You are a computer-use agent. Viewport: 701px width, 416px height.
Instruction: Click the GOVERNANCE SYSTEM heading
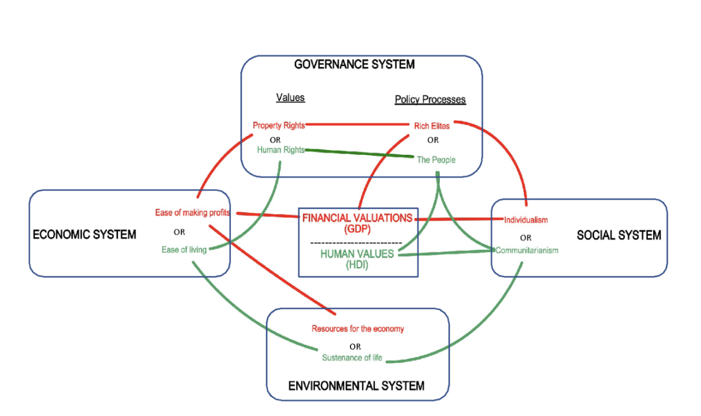point(354,64)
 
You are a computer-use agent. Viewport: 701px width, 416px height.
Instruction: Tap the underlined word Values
point(290,98)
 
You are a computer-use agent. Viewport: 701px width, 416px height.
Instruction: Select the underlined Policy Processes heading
point(430,99)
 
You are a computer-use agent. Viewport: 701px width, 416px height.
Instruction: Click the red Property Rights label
point(279,125)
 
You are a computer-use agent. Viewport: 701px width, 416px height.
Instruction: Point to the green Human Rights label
point(280,150)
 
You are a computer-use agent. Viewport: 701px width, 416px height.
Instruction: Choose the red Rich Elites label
point(432,126)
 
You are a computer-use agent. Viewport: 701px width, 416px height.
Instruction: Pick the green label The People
point(436,160)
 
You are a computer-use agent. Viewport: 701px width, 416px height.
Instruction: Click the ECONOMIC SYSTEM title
point(84,235)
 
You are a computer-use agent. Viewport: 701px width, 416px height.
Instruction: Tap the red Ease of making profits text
point(192,213)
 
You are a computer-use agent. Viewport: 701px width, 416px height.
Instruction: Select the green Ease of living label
point(184,250)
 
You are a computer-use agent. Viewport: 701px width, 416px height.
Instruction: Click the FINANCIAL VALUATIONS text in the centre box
point(358,218)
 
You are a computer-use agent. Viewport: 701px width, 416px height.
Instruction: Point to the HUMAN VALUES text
point(357,254)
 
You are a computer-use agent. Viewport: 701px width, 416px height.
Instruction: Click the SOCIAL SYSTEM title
point(619,235)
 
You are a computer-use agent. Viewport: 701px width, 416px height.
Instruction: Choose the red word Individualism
point(526,220)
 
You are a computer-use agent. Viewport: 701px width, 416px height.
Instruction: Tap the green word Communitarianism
point(527,250)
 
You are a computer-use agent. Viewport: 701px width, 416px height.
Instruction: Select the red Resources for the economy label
point(358,329)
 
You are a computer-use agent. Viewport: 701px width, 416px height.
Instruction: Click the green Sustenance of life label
point(352,358)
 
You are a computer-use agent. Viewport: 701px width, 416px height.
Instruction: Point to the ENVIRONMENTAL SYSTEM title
point(356,386)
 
